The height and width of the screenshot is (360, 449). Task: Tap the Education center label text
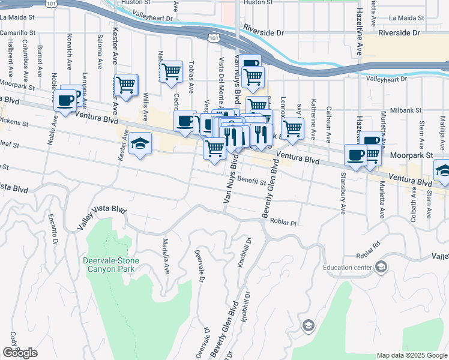click(347, 268)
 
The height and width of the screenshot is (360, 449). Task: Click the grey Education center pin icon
click(381, 268)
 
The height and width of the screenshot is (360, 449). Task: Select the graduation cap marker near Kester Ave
click(140, 144)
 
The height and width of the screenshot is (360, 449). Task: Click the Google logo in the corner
click(20, 353)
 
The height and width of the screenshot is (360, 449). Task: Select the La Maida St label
click(406, 18)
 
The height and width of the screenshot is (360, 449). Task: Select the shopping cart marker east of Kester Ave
click(125, 86)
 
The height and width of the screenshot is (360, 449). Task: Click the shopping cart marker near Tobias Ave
click(171, 71)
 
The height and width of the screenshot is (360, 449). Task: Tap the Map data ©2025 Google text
click(411, 355)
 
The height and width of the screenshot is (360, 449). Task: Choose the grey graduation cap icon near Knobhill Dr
click(308, 325)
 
